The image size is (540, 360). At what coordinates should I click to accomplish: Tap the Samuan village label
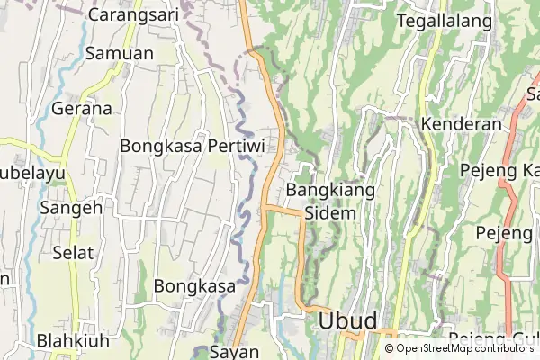(x=119, y=53)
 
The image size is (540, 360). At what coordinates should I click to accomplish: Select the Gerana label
(x=82, y=109)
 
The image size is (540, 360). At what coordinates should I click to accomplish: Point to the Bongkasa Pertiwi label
(x=192, y=144)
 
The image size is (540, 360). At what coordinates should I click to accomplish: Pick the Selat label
(x=73, y=252)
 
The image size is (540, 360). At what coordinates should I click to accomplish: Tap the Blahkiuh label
(x=74, y=341)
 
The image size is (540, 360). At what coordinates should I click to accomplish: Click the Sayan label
(x=234, y=350)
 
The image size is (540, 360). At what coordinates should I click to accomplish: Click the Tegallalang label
(x=445, y=21)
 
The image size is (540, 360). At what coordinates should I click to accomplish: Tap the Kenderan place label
(x=461, y=123)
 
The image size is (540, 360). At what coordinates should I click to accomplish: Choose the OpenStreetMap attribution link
(x=434, y=348)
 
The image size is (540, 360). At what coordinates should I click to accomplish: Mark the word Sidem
(x=330, y=213)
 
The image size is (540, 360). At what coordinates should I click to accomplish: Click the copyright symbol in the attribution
(x=389, y=348)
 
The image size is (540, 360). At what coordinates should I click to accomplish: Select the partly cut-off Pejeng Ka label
(x=499, y=170)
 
